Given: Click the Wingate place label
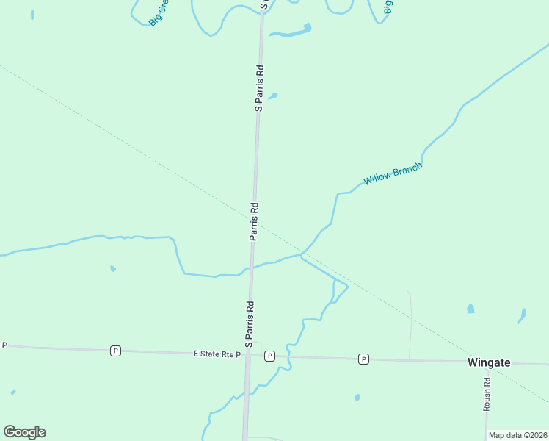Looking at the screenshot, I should click(489, 362).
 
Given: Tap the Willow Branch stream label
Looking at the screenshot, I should click(393, 174).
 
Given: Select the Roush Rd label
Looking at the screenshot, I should click(487, 394).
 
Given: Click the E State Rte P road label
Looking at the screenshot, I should click(217, 354).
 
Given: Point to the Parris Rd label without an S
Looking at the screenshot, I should click(254, 221).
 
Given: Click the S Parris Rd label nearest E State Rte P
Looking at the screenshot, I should click(249, 323).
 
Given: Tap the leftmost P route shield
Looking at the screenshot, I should click(115, 351).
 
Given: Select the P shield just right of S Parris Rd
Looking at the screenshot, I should click(269, 356).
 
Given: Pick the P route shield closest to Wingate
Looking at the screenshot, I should click(363, 359).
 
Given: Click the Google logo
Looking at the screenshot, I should click(24, 432).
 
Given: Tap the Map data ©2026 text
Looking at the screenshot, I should click(517, 435).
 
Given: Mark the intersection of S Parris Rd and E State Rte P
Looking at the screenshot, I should click(247, 356).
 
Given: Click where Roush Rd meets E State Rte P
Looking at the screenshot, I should click(487, 362).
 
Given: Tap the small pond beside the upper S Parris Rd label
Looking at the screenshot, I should click(273, 96).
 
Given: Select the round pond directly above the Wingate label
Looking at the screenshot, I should click(470, 309).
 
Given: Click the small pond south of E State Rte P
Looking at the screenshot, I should click(357, 398).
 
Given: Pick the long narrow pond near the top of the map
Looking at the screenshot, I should click(291, 32).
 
